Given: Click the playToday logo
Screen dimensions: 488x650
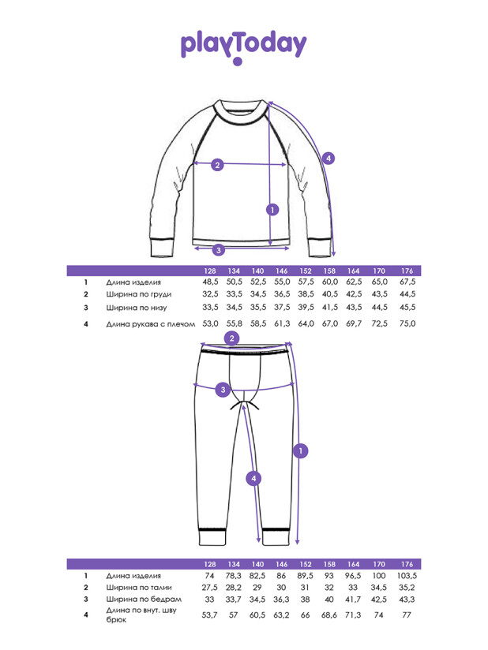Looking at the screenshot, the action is pyautogui.click(x=243, y=47).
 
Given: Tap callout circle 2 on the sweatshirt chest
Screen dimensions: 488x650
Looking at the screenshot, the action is pyautogui.click(x=217, y=165).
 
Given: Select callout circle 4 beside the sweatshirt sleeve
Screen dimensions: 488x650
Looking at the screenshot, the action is pyautogui.click(x=328, y=158).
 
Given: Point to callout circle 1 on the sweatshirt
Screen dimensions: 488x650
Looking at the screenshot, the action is pyautogui.click(x=272, y=210).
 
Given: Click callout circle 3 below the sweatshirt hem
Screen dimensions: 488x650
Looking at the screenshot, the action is pyautogui.click(x=219, y=250).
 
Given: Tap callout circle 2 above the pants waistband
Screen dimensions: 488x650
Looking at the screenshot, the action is pyautogui.click(x=231, y=338).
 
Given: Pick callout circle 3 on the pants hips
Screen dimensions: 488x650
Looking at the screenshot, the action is pyautogui.click(x=223, y=390).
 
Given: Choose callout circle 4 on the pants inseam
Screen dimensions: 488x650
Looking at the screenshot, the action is pyautogui.click(x=253, y=479).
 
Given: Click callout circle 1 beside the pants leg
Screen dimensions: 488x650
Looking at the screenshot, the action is pyautogui.click(x=300, y=450).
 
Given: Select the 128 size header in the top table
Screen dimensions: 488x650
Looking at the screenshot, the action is pyautogui.click(x=210, y=271).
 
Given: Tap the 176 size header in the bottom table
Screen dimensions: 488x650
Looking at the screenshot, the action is pyautogui.click(x=407, y=564).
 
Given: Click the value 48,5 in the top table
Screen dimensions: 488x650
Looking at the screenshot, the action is pyautogui.click(x=210, y=282).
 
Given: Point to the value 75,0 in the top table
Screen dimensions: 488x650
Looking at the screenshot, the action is pyautogui.click(x=407, y=323).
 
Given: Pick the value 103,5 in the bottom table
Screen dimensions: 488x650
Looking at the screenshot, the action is pyautogui.click(x=407, y=576).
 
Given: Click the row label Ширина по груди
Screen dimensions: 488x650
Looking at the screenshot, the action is pyautogui.click(x=139, y=294).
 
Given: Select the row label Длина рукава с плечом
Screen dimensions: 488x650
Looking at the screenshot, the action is pyautogui.click(x=150, y=324).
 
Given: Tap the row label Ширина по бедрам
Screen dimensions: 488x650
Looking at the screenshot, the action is pyautogui.click(x=144, y=600).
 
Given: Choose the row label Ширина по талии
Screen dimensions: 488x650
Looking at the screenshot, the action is pyautogui.click(x=139, y=588).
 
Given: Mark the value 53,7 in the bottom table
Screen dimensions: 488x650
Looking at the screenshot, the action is pyautogui.click(x=209, y=615).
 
